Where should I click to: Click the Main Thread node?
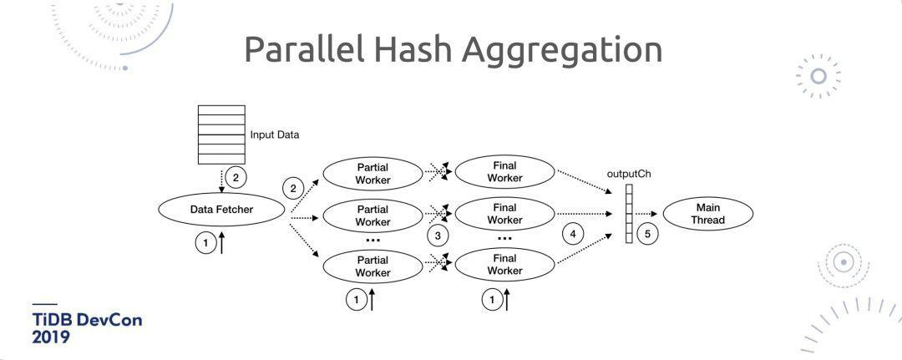[x=708, y=214]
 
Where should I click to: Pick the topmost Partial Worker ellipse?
[x=372, y=173]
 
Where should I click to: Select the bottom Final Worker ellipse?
[x=504, y=265]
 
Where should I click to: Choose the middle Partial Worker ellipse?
[x=372, y=215]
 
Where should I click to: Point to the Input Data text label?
[x=275, y=134]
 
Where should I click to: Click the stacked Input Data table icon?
[x=221, y=134]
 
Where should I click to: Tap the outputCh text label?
[x=629, y=174]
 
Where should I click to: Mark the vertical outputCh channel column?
[x=629, y=214]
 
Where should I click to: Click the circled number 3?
[x=438, y=235]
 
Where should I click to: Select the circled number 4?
[x=572, y=234]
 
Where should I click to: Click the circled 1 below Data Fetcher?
[x=205, y=243]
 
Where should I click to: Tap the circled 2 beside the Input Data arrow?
[x=237, y=177]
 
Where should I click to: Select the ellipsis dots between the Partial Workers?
[x=372, y=240]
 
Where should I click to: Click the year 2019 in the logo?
[x=52, y=337]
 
